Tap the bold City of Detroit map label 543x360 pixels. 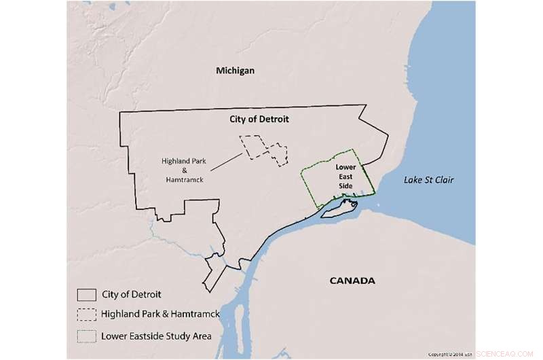pyautogui.click(x=257, y=119)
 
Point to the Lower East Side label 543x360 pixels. pyautogui.click(x=346, y=175)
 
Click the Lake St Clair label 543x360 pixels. pyautogui.click(x=428, y=180)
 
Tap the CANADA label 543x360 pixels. pyautogui.click(x=352, y=281)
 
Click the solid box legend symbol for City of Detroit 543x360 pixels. pyautogui.click(x=86, y=295)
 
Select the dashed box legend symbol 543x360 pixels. pyautogui.click(x=86, y=314)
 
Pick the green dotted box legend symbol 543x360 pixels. pyautogui.click(x=86, y=335)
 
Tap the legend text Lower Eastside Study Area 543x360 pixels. pyautogui.click(x=156, y=335)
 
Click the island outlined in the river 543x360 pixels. pyautogui.click(x=337, y=211)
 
